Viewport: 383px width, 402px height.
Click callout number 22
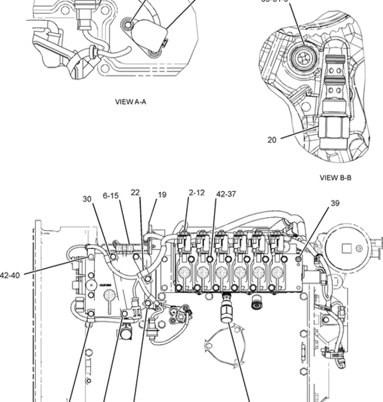coord(135,193)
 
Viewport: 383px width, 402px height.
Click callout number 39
coord(335,203)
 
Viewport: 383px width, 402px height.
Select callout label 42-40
coord(14,274)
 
